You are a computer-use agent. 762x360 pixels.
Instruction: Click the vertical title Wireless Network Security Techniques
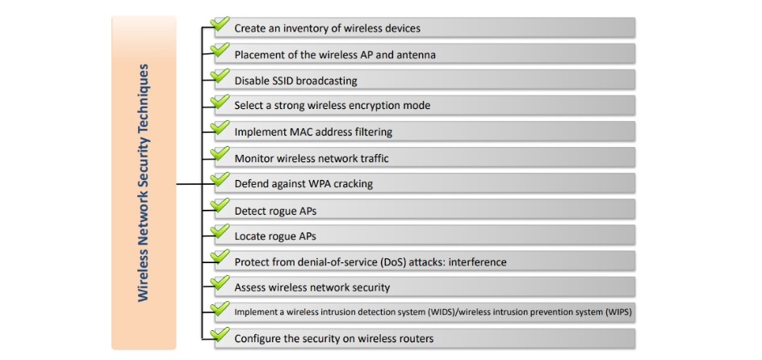tap(144, 182)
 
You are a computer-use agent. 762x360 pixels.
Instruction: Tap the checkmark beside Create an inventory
tap(220, 23)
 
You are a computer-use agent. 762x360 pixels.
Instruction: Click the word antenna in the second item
tap(417, 55)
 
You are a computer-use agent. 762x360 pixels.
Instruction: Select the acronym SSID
tap(279, 81)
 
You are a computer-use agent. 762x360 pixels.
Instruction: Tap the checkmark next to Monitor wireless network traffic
tap(220, 153)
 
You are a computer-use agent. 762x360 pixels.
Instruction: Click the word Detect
tap(249, 211)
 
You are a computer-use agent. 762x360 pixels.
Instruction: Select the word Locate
tap(249, 237)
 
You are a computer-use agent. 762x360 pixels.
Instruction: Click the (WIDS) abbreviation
tap(442, 312)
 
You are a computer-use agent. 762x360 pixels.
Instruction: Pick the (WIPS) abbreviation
tap(618, 312)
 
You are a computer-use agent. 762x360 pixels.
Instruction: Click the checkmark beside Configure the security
tap(220, 335)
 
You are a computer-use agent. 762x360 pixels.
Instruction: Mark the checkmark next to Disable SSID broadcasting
tap(220, 76)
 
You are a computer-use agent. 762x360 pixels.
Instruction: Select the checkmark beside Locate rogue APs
tap(220, 231)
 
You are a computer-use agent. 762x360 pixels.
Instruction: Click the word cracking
tap(354, 185)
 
